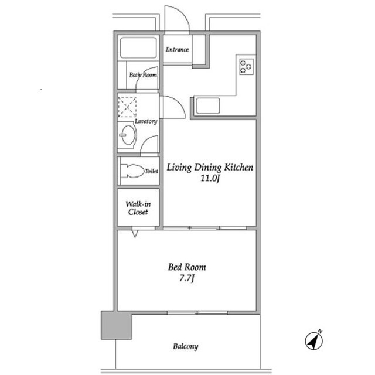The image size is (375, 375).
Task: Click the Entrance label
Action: [x=177, y=49]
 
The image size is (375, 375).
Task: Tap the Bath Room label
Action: [x=144, y=75]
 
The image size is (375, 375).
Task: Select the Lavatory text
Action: [x=146, y=121]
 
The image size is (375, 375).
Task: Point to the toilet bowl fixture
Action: [x=132, y=171]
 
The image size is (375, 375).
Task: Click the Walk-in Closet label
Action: [x=138, y=208]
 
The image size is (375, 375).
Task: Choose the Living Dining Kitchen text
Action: [x=210, y=168]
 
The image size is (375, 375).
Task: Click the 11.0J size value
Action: [x=210, y=179]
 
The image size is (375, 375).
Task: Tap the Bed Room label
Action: [x=187, y=267]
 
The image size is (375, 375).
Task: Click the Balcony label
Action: [x=185, y=346]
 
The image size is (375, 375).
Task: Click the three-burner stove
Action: [x=246, y=66]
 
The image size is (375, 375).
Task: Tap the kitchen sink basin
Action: [x=208, y=106]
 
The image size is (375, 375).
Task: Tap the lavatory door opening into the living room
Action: [x=173, y=107]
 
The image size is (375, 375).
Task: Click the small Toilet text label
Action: [x=152, y=171]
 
